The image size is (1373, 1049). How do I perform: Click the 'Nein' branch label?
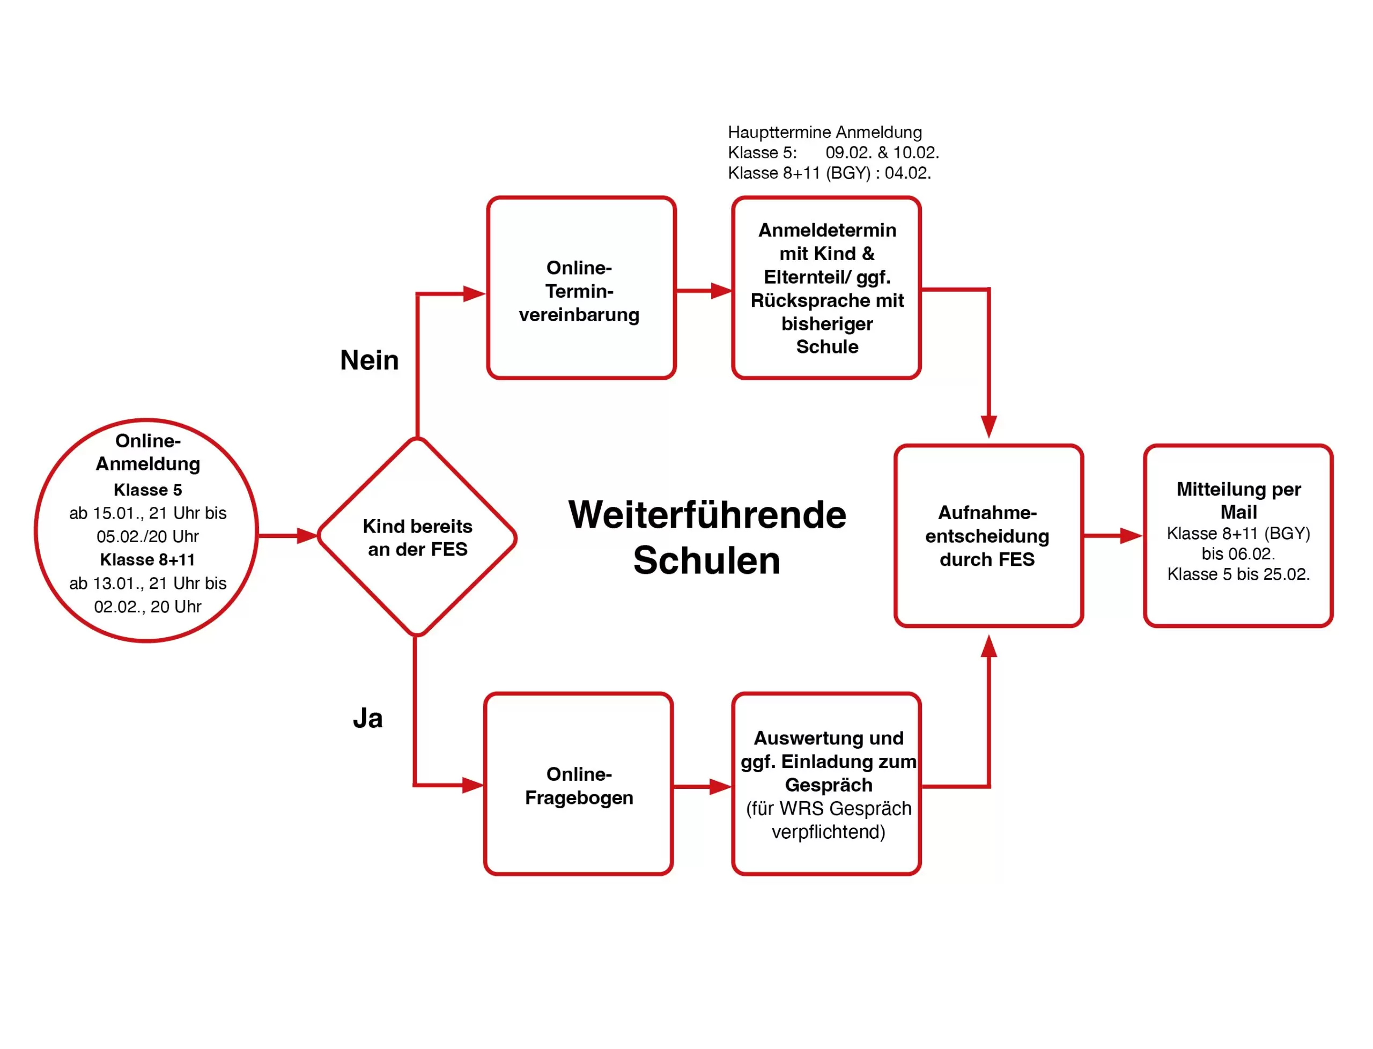(x=369, y=360)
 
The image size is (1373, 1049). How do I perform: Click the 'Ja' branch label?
(x=367, y=718)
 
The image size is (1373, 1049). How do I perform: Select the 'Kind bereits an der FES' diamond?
(x=417, y=537)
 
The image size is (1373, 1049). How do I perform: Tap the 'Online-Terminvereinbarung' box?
(x=581, y=288)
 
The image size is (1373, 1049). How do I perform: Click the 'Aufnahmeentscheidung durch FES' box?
(x=988, y=536)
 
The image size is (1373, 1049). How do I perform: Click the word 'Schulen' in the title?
(x=706, y=560)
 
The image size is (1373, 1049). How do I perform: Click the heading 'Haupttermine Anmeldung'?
(x=824, y=132)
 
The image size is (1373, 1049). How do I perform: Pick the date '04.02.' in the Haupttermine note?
(x=907, y=173)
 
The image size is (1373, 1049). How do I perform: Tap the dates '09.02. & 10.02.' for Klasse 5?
(x=882, y=152)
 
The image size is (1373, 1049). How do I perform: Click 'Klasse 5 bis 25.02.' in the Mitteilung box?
(x=1238, y=574)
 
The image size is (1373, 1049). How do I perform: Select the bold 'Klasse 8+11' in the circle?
(x=147, y=559)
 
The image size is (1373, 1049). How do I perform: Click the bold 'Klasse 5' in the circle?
(x=147, y=490)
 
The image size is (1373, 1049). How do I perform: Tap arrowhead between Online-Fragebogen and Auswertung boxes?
(x=720, y=786)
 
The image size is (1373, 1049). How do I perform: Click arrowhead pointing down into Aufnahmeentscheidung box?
(x=988, y=426)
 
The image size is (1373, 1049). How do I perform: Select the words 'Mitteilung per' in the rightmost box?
(x=1238, y=489)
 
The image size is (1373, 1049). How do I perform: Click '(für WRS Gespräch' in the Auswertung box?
(x=828, y=809)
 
